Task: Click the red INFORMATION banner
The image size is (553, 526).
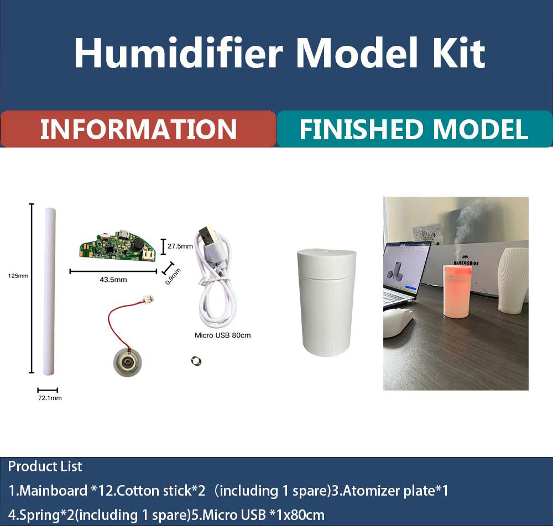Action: point(138,129)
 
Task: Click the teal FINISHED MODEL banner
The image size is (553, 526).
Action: point(415,129)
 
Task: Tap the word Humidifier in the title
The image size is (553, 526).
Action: point(179,53)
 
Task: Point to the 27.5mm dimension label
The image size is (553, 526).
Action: point(180,246)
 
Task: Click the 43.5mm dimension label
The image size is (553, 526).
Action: point(113,280)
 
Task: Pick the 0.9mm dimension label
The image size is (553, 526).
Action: point(173,277)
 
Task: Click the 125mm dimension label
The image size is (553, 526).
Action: point(18,276)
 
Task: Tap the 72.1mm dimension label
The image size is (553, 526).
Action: point(50,398)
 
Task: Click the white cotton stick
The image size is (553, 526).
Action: point(49,291)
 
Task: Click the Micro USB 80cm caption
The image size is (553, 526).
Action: point(222,335)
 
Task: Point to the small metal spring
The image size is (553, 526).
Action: point(196,361)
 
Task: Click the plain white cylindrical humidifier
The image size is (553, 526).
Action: point(327,302)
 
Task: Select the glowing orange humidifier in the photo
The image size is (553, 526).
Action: point(457,292)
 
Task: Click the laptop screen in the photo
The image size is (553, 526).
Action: point(406,269)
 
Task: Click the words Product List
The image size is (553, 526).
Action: point(45,466)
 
